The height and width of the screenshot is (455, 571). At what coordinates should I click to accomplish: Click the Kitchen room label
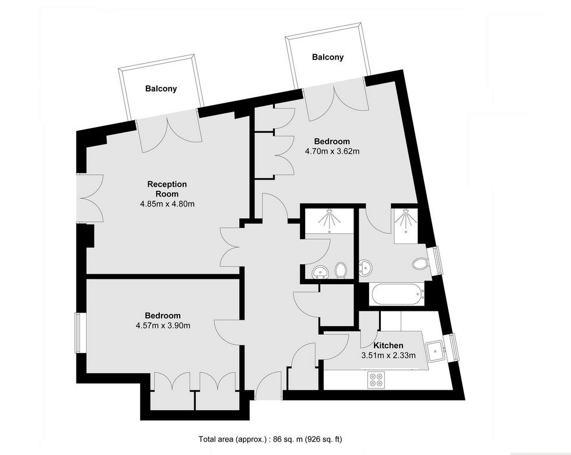pos(388,345)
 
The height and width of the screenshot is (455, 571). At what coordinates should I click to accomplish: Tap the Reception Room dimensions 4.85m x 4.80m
pos(167,204)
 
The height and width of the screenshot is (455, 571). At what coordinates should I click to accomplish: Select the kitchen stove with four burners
pos(376,379)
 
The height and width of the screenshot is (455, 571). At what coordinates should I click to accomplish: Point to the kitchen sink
pos(436,351)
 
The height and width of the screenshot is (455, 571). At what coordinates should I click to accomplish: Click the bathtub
pos(397,295)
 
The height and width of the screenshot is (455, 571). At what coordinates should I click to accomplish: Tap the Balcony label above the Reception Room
pos(161,89)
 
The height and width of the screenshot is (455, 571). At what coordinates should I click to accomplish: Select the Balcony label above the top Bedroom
pos(328,57)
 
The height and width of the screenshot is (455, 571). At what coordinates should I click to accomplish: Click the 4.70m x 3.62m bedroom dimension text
pos(332,151)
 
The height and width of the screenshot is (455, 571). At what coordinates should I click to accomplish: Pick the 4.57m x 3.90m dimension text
pos(163,325)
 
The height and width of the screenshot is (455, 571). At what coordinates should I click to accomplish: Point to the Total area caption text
pos(270,439)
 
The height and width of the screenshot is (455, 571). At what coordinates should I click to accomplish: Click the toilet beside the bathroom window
pos(421,263)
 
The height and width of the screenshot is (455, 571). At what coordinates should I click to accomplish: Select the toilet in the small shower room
pos(341,270)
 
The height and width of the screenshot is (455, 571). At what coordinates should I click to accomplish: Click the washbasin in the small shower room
pos(320,272)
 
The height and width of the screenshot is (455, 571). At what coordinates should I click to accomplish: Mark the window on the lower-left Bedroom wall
pos(78,332)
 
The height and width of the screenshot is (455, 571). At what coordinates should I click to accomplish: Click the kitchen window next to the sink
pos(453,347)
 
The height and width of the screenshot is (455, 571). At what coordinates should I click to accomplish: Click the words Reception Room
pos(167,189)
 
